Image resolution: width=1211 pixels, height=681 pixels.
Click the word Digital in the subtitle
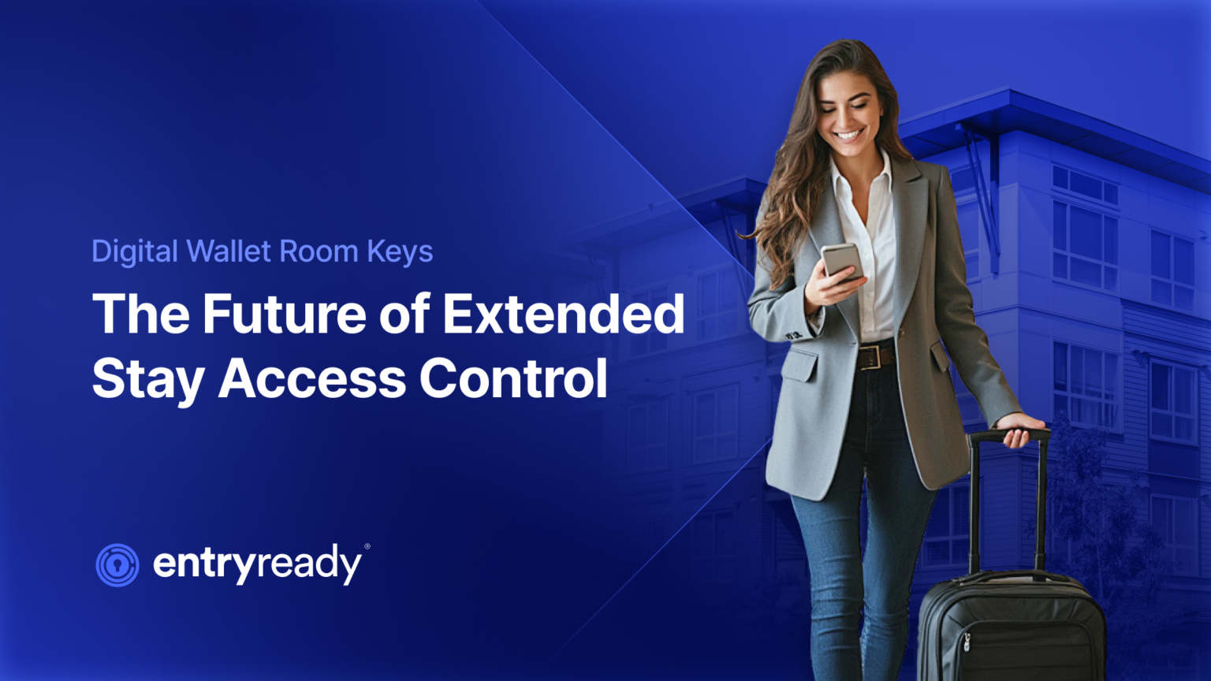click(135, 252)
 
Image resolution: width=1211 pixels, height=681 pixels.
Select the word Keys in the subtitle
click(400, 252)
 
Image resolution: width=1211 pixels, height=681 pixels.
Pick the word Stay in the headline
click(148, 379)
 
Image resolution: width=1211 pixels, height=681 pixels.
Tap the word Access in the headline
click(312, 379)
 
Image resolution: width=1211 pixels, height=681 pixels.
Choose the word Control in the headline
click(513, 379)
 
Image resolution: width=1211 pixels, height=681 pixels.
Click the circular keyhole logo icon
click(117, 565)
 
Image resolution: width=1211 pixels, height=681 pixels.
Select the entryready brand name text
click(257, 564)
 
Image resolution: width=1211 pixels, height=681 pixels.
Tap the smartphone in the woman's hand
click(841, 261)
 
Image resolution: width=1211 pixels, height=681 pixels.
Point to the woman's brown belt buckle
click(870, 357)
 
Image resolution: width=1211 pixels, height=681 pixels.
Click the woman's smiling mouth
click(848, 135)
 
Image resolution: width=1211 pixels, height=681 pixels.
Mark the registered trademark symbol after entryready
click(367, 546)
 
